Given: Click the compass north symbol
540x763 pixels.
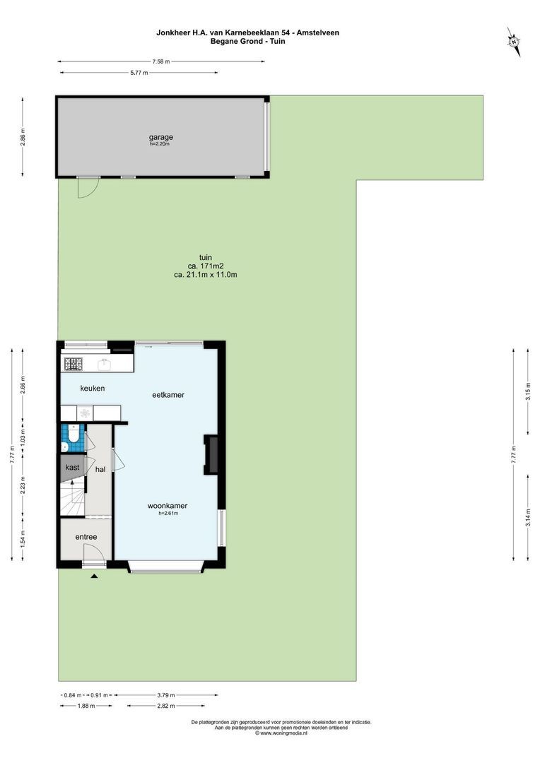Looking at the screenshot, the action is coord(514,42).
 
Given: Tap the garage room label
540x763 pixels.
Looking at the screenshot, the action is coord(160,137).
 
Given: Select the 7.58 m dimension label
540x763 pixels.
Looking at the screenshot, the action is coord(161,61).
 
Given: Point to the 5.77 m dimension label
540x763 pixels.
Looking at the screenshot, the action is coord(139,73).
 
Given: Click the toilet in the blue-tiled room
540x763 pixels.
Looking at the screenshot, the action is coord(74,433).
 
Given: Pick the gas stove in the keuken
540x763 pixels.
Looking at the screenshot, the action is coord(74,364).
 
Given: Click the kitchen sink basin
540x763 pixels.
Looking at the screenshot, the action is coord(104,364).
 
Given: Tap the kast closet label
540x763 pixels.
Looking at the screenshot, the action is coord(73,468).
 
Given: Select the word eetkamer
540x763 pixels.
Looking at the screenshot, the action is coord(168,395).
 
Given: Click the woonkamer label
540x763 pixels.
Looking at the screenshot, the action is coord(168,506).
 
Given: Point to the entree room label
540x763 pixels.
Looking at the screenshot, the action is coord(86,537).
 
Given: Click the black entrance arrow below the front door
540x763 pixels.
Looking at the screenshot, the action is coord(94,576).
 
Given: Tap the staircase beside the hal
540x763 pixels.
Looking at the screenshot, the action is coord(73,497).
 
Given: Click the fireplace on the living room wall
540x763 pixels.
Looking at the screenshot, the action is coord(211,454).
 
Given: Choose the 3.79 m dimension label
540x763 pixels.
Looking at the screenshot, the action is coord(166,695).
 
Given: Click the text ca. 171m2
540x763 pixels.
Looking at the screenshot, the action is coord(206,266).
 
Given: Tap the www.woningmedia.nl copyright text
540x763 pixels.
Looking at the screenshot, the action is coord(281,733).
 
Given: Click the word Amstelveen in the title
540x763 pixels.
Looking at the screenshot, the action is coord(319,32).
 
